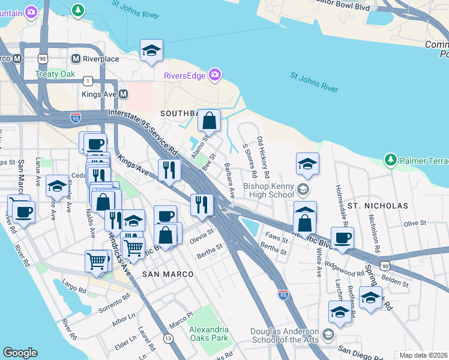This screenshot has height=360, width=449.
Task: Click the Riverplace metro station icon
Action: click(x=76, y=59)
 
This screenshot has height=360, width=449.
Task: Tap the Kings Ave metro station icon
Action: click(x=123, y=94)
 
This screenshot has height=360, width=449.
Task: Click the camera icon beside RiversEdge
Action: click(x=214, y=75)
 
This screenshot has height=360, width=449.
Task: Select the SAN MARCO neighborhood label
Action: click(x=167, y=274)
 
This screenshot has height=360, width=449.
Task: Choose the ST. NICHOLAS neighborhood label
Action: click(x=378, y=206)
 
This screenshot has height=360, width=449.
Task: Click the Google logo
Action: click(x=20, y=353)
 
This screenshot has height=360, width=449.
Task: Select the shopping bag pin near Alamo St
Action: click(x=209, y=121)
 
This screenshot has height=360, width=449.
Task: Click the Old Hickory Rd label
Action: click(x=263, y=152)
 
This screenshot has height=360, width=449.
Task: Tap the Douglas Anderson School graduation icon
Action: click(x=328, y=334)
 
